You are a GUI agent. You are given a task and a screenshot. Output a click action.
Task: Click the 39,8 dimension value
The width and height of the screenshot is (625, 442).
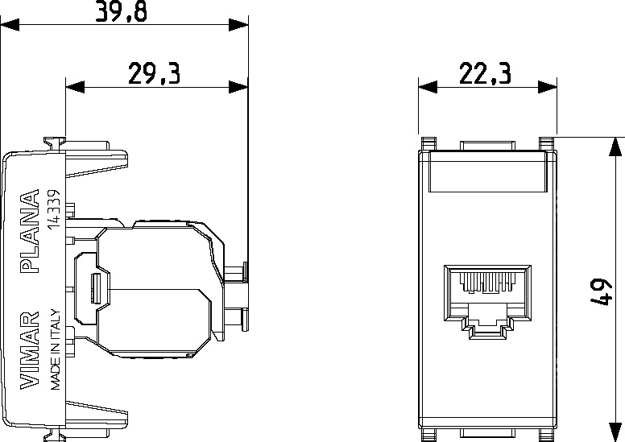(121, 10)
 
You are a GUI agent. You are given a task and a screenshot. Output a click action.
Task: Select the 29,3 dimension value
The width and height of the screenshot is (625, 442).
(154, 73)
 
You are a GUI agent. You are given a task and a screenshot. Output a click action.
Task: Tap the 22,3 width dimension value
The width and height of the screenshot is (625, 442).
(485, 73)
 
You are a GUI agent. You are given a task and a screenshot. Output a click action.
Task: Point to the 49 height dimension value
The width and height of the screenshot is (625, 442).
(600, 291)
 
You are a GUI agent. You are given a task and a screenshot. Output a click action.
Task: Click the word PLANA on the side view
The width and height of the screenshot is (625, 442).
(30, 231)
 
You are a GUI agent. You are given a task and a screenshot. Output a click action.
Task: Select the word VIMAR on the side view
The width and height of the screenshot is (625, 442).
(30, 350)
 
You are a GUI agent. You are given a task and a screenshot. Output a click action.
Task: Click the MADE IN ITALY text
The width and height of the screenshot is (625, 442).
(55, 349)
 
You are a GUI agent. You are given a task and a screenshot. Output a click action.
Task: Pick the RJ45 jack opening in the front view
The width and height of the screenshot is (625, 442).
(487, 301)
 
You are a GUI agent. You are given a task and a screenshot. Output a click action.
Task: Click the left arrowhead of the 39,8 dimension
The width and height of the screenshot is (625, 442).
(10, 26)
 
